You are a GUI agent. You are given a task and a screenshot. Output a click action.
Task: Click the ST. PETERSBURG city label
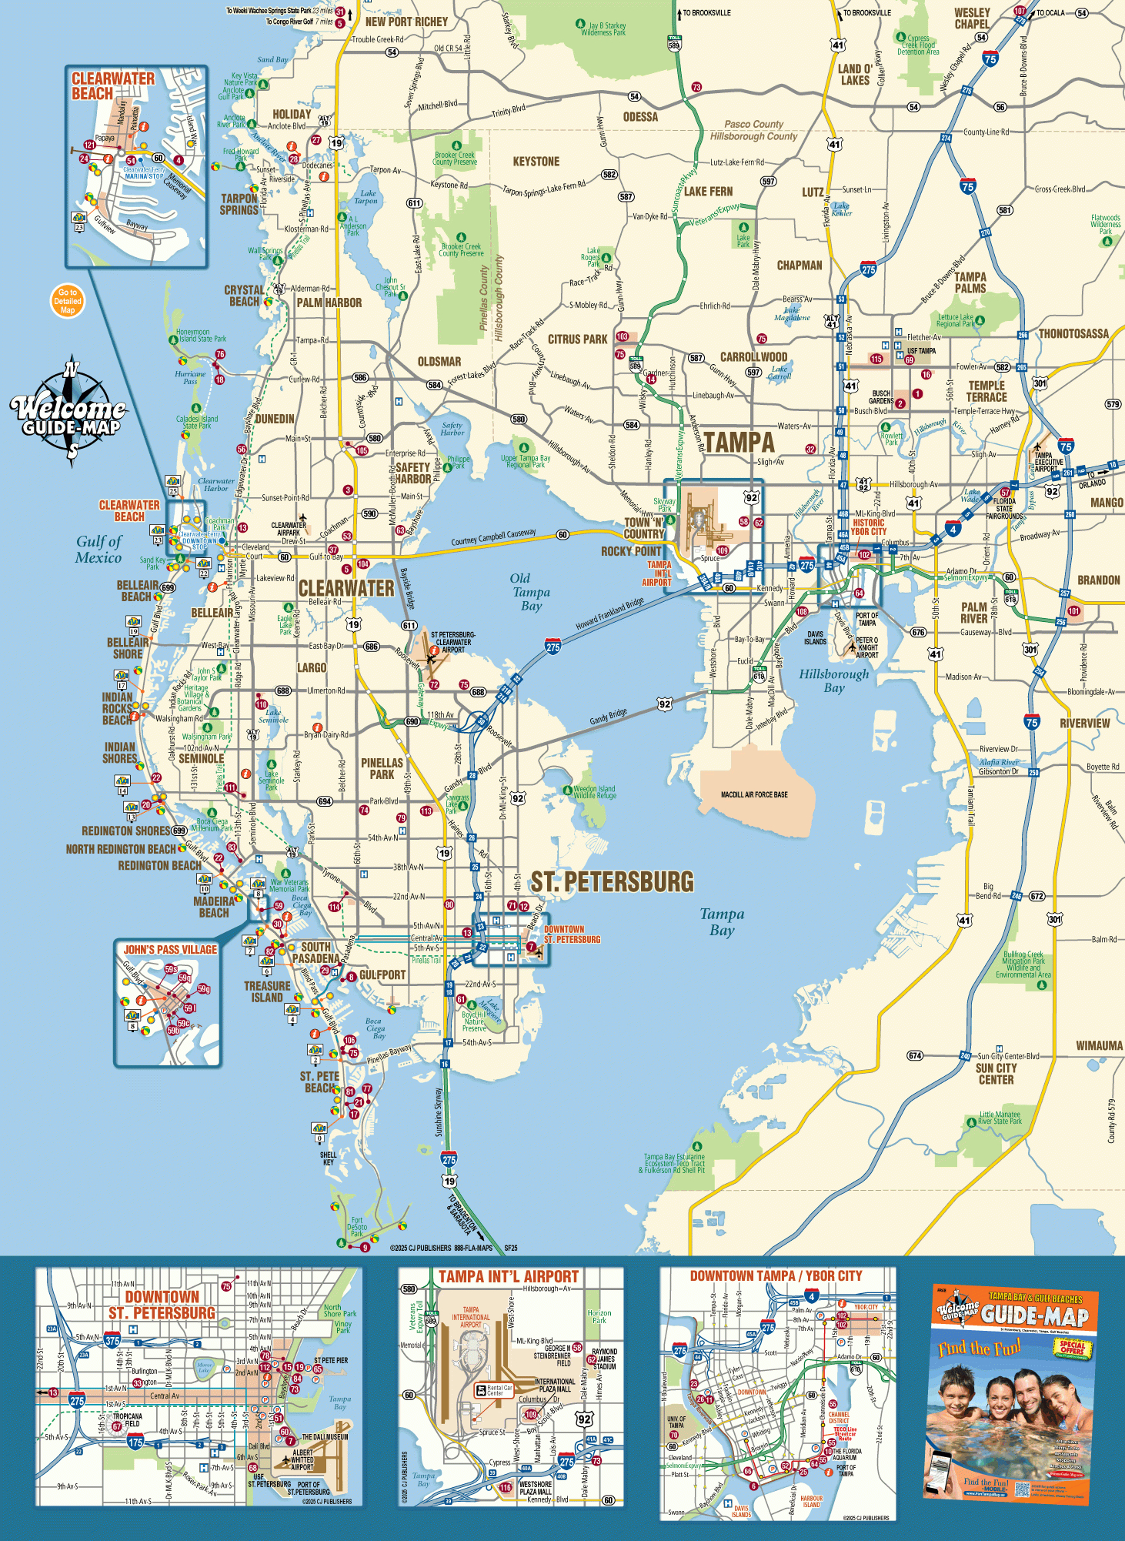pos(612,882)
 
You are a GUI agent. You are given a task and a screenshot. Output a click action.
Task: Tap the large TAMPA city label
pos(739,443)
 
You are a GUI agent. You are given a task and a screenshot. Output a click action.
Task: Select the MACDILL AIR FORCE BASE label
pos(754,794)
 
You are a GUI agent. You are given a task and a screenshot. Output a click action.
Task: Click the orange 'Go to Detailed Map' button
pos(68,301)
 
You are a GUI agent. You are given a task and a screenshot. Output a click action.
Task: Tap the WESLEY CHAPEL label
pos(972,18)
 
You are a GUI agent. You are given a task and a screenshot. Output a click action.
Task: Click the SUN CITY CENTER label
pos(996,1074)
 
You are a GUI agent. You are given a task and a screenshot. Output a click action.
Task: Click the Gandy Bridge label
pos(608,717)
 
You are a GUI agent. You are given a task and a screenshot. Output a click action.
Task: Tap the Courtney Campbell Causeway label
pos(493,537)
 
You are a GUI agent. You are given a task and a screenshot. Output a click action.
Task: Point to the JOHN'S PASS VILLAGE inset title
pos(170,950)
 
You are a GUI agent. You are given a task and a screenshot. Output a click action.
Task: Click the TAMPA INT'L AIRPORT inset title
pos(508,1277)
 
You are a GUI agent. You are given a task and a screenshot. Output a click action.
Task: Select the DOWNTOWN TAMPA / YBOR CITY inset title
pos(776,1275)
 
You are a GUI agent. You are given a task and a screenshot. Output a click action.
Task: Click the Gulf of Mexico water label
pos(98,550)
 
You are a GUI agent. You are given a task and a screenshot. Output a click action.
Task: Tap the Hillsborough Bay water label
pos(834,680)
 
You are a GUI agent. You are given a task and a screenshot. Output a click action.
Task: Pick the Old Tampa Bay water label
pos(530,592)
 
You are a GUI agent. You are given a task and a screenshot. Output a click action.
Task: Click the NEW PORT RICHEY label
pos(406,22)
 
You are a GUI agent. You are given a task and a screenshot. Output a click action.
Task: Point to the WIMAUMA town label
pos(1099,1045)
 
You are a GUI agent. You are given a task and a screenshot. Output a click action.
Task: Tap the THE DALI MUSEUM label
pos(325,1437)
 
